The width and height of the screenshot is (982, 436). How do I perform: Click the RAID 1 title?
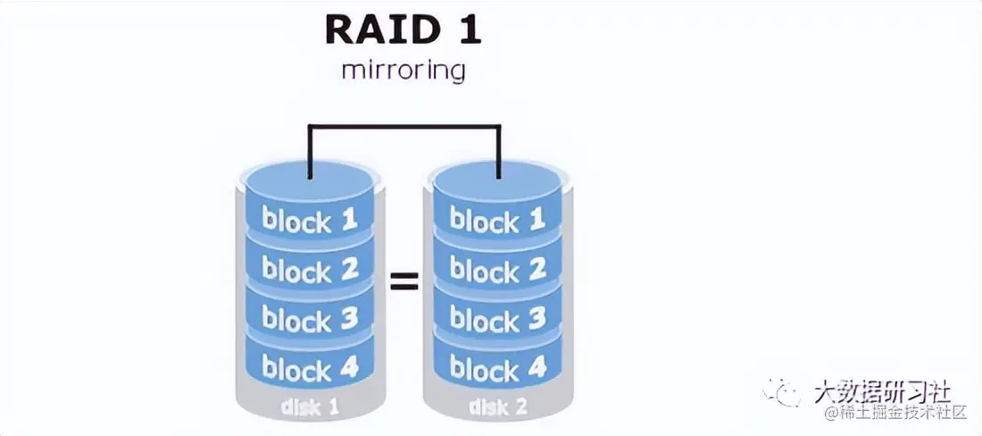(403, 29)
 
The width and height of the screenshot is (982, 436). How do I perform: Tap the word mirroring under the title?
(403, 70)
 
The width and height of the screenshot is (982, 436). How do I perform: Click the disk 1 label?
(310, 407)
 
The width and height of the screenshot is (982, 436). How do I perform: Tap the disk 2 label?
(497, 407)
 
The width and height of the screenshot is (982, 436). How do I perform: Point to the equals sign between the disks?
(404, 282)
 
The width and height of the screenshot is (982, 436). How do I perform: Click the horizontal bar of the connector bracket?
(404, 126)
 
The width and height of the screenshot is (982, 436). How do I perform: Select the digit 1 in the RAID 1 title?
(468, 29)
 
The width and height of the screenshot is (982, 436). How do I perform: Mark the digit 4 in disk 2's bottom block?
(536, 367)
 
